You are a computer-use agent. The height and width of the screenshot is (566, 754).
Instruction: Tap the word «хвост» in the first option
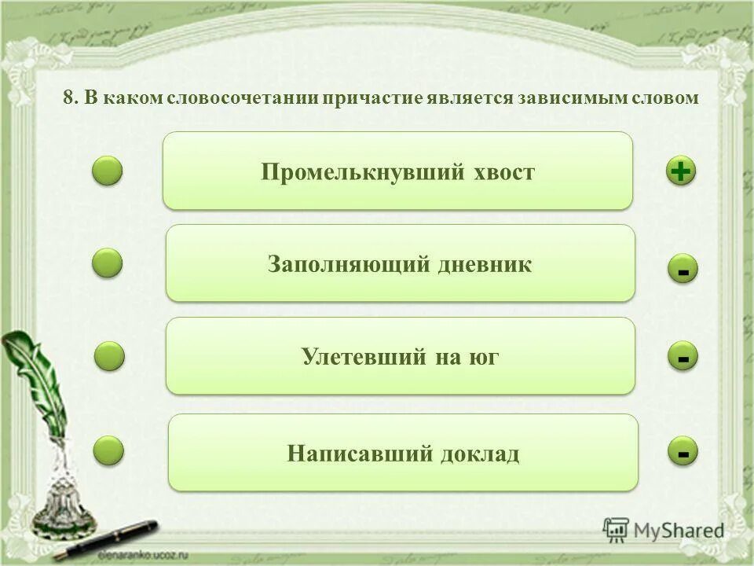[x=504, y=173]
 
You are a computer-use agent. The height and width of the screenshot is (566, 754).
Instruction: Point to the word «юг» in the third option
[x=485, y=358]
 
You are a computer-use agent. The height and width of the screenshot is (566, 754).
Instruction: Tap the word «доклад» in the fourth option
[x=481, y=454]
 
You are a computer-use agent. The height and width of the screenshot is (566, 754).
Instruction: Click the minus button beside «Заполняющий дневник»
[x=683, y=270]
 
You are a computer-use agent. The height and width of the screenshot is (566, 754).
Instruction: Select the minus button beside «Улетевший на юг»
[x=683, y=358]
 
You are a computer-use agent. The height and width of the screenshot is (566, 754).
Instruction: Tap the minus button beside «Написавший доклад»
[x=683, y=452]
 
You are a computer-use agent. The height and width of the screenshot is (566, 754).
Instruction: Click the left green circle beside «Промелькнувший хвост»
[x=108, y=171]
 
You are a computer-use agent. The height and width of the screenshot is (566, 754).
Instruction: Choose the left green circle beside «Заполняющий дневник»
[x=108, y=263]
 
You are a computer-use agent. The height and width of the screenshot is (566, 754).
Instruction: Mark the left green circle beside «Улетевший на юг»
[x=109, y=356]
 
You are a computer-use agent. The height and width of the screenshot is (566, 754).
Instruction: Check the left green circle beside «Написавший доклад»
[x=108, y=450]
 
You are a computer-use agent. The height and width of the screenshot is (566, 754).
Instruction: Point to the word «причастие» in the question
[x=372, y=98]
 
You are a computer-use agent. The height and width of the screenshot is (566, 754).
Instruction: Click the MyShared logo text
[x=679, y=531]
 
